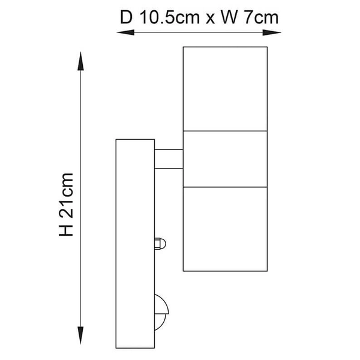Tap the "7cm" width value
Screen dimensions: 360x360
[x=261, y=17]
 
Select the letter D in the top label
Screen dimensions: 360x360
[x=125, y=17]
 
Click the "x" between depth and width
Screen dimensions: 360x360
[x=209, y=18]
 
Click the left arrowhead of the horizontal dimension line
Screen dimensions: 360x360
[x=120, y=32]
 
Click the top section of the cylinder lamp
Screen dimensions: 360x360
[x=224, y=88]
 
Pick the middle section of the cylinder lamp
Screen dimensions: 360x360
[x=224, y=158]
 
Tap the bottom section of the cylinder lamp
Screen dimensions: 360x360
[x=224, y=228]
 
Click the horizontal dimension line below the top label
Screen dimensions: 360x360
[x=198, y=32]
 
